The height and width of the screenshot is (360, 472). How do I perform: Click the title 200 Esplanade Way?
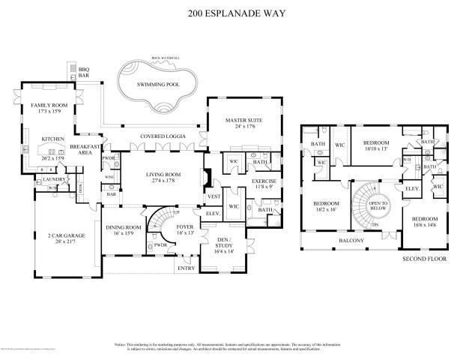236,12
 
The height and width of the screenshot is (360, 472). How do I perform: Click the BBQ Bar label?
83,73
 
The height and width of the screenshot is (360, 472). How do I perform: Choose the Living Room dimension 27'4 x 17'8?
163,181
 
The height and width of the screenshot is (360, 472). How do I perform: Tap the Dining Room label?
124,227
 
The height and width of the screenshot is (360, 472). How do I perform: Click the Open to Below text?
377,205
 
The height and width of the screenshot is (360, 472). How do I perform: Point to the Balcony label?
351,241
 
